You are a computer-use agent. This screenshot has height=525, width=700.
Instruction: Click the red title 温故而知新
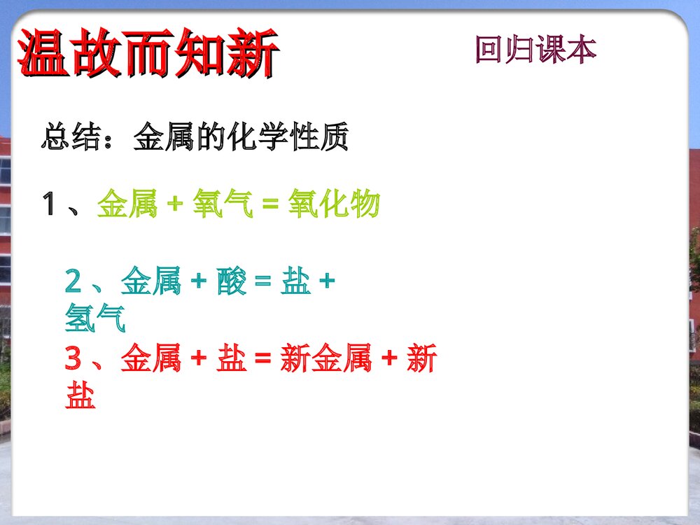tap(148, 53)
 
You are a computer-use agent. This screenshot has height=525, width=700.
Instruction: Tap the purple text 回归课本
tap(535, 50)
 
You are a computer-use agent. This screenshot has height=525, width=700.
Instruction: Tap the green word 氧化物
tap(334, 205)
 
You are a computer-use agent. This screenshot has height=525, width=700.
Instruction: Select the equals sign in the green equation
tap(270, 206)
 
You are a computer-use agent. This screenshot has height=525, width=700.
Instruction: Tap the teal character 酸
tap(231, 283)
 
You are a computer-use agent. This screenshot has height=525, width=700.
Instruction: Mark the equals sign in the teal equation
tap(262, 283)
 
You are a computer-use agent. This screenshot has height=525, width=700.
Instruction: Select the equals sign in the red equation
tap(262, 360)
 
